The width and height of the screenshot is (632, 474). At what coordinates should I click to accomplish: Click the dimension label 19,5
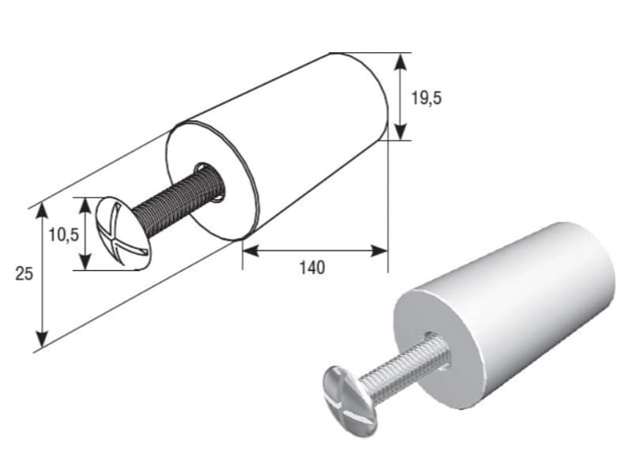point(426,98)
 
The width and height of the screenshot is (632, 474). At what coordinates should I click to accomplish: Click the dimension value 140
point(312,268)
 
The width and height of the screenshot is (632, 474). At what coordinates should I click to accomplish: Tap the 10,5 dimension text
point(64,235)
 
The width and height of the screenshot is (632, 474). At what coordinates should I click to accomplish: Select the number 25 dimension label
point(24,274)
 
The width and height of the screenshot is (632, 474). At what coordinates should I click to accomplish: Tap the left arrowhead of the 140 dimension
point(250,251)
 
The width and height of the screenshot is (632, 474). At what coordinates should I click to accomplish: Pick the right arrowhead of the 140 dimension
point(379,251)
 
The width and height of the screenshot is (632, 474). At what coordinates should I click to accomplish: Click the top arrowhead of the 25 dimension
point(42,212)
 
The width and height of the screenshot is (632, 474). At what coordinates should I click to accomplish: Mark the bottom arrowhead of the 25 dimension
point(42,339)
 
